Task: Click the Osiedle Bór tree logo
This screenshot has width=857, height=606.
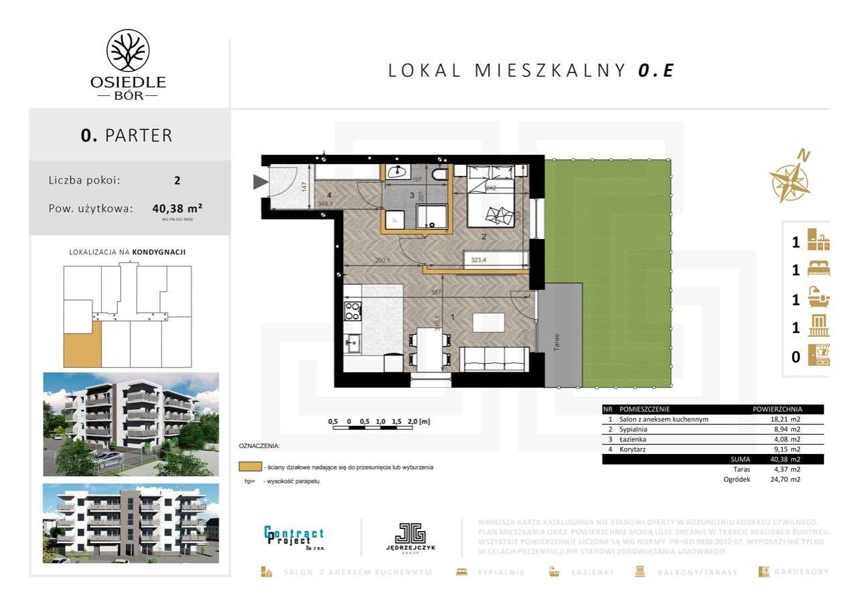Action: tap(128, 51)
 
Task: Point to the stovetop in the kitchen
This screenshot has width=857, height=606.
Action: tap(352, 311)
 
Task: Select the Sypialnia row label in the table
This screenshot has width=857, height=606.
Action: tap(633, 429)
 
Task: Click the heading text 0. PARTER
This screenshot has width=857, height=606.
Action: tap(127, 135)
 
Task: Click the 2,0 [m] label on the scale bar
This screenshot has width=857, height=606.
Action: tap(418, 421)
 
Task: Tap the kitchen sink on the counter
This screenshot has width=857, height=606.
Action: tap(352, 344)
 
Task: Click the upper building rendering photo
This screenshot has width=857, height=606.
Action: tap(131, 424)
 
